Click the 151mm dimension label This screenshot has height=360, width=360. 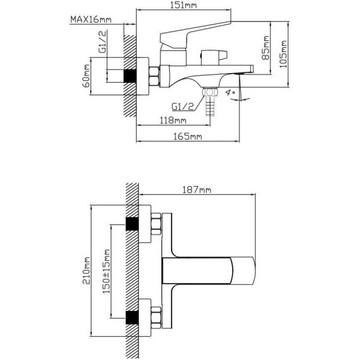click(183, 5)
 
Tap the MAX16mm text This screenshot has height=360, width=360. click(91, 20)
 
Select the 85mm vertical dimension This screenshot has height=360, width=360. click(266, 47)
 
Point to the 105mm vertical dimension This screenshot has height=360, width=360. click(283, 54)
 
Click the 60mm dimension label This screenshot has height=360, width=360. click(86, 76)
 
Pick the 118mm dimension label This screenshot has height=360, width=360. click(173, 121)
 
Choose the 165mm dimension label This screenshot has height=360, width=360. click(188, 137)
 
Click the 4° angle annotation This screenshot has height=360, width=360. click(230, 93)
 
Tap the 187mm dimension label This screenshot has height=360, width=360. click(197, 190)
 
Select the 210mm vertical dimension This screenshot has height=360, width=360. click(86, 271)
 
